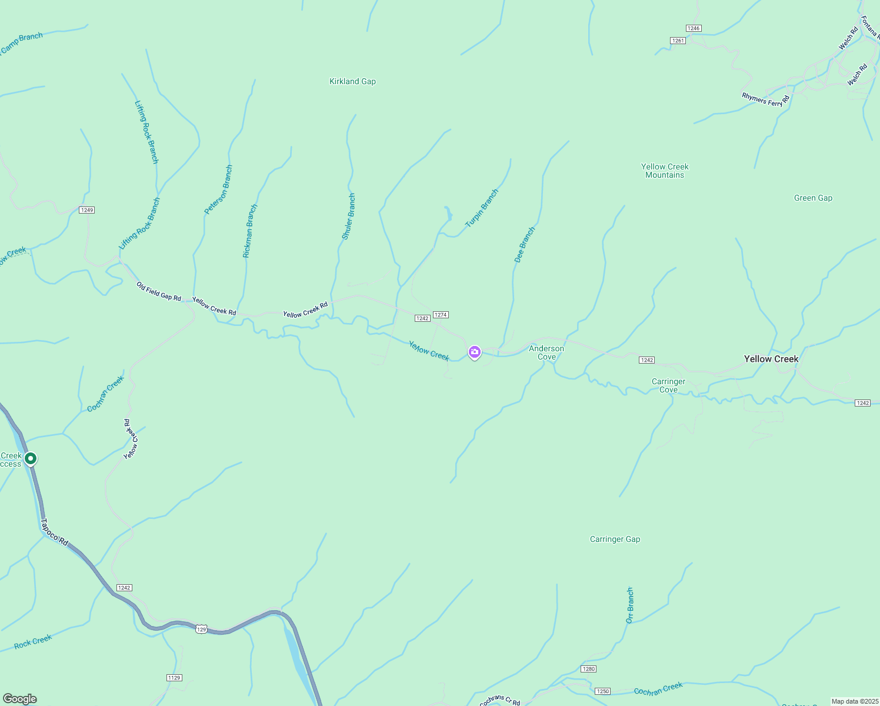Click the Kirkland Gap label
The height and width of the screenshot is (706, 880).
[x=352, y=81]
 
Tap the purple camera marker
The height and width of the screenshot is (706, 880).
[x=475, y=352]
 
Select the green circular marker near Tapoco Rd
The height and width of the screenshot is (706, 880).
[x=31, y=458]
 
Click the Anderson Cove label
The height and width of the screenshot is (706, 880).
[x=546, y=352]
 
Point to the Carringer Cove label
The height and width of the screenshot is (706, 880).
[x=668, y=385]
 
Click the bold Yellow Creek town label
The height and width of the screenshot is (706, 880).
[x=771, y=359]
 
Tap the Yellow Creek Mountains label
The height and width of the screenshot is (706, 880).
[x=665, y=171]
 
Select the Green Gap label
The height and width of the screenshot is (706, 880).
[x=813, y=198]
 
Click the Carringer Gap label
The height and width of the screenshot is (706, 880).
[x=615, y=539]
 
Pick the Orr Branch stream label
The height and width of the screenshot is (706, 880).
[x=630, y=605]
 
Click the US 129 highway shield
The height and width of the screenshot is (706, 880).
[x=201, y=629]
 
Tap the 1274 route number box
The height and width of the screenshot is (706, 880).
[x=441, y=315]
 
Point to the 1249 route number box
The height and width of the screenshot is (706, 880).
[x=87, y=210]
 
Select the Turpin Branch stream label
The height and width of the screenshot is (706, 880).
[x=482, y=208]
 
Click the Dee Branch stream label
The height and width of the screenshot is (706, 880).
[x=525, y=244]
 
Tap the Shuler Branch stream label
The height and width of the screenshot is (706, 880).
[x=349, y=217]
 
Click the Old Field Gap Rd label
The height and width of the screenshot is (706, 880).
[x=158, y=291]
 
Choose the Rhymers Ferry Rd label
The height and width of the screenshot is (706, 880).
[x=765, y=99]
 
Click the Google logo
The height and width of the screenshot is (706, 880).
[x=20, y=698]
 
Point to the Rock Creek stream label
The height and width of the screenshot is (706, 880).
[x=33, y=641]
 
